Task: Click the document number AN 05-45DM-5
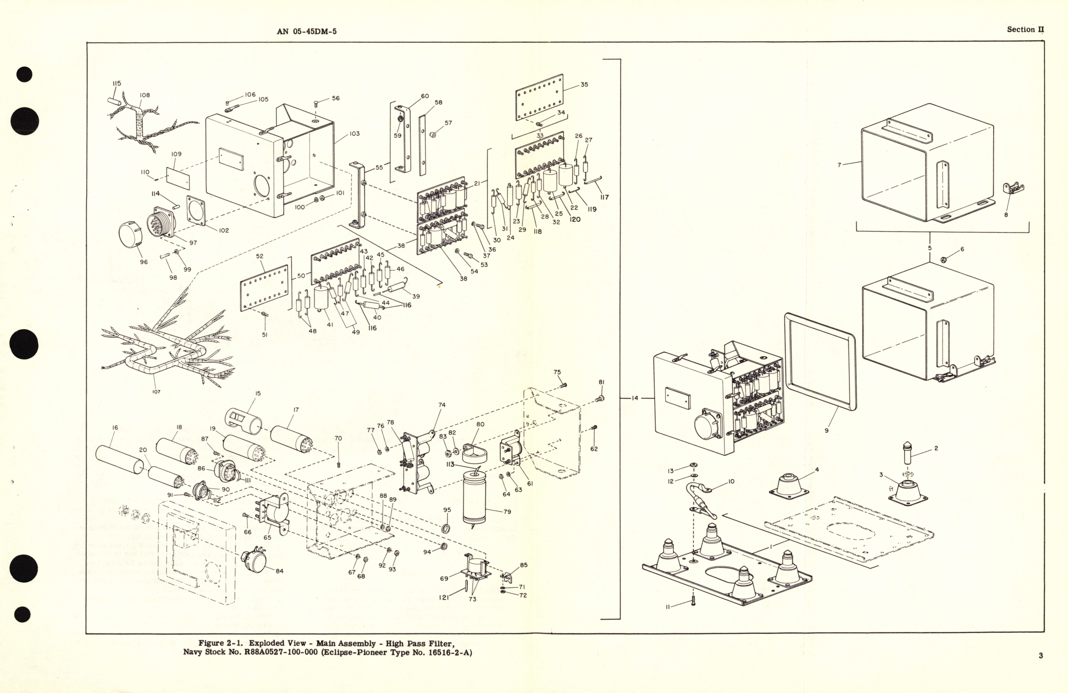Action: [x=307, y=31]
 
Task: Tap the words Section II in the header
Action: [x=1025, y=30]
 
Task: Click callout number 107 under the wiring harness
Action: [x=156, y=392]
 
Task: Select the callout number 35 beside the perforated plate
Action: [x=584, y=84]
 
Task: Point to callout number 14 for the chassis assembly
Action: [x=634, y=398]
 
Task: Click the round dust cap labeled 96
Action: [x=129, y=235]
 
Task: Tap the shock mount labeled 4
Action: [x=790, y=485]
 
